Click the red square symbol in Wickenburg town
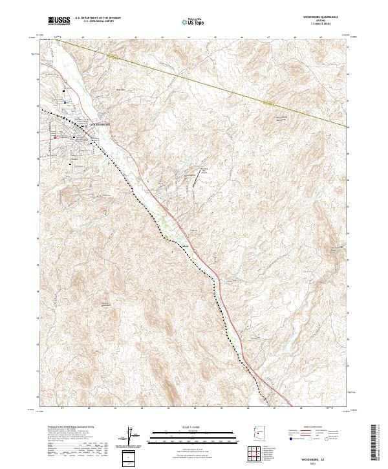tap(56, 136)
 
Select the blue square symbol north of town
tap(65, 102)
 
